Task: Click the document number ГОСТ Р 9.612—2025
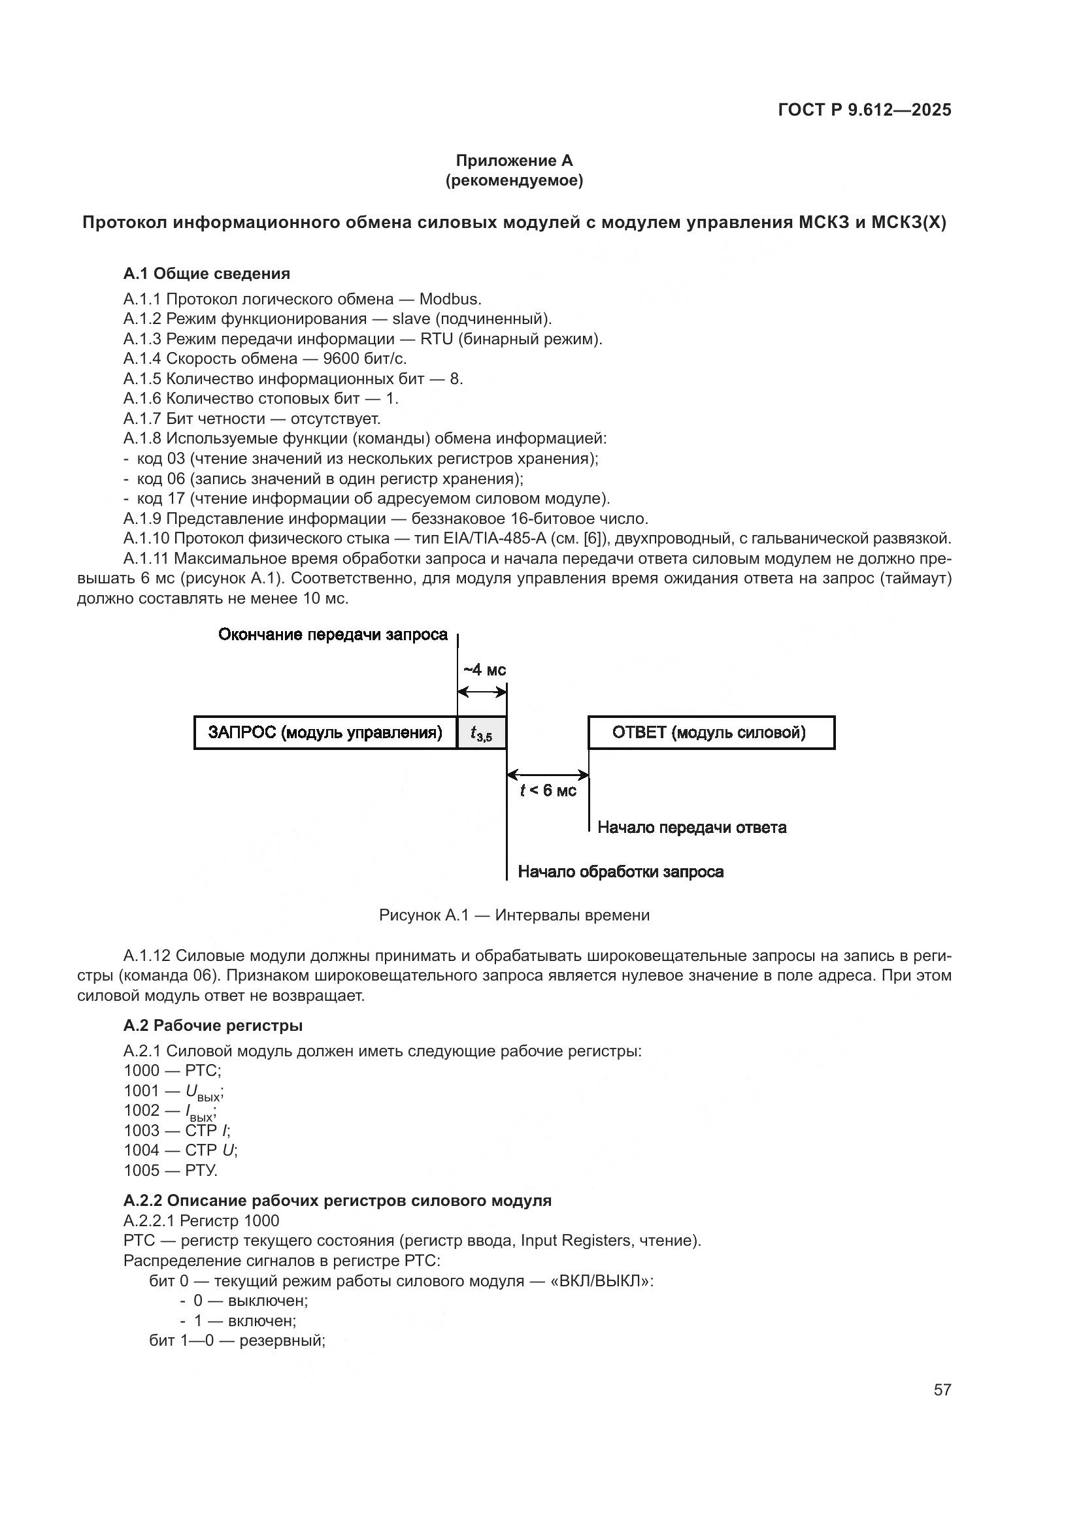[x=864, y=110]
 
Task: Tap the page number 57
[x=942, y=1389]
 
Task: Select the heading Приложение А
[x=514, y=161]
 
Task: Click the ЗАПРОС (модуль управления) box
[x=325, y=733]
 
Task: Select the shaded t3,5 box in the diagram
[x=481, y=734]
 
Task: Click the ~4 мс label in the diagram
[x=484, y=670]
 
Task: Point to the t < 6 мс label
[x=548, y=790]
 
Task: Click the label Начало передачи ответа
[x=691, y=827]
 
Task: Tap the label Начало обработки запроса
[x=620, y=872]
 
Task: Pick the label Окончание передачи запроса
[x=333, y=635]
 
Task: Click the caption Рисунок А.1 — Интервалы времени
[x=514, y=915]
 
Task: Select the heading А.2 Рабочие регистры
[x=213, y=1026]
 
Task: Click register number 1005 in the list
[x=141, y=1171]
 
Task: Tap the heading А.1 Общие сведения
[x=207, y=274]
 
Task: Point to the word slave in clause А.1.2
[x=410, y=319]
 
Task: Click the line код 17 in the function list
[x=373, y=498]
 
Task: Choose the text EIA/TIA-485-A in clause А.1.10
[x=495, y=538]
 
